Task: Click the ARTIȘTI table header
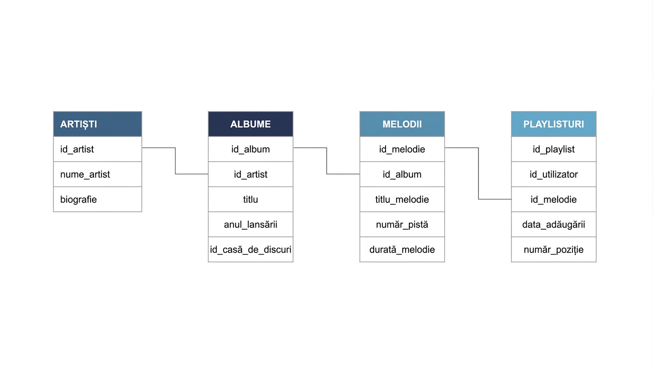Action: pos(98,124)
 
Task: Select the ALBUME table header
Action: pos(250,124)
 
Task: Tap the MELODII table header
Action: pos(402,124)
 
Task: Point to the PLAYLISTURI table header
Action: pos(553,124)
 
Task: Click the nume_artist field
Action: pos(98,174)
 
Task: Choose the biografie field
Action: pos(98,199)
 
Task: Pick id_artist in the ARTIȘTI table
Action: pos(98,149)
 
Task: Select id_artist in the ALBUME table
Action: pos(250,174)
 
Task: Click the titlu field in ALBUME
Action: pos(250,199)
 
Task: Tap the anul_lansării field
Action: pos(250,224)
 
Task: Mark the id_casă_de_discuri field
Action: pos(250,249)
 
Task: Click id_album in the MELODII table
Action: pos(402,174)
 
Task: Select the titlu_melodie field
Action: pos(402,199)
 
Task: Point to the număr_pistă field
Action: pos(402,224)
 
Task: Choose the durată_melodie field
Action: pos(402,249)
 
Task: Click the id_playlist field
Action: pos(553,149)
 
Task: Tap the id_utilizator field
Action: pos(553,174)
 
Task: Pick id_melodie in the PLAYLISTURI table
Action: pos(553,199)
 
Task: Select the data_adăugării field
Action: pos(553,224)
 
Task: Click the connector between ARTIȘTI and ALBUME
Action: pos(175,161)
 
